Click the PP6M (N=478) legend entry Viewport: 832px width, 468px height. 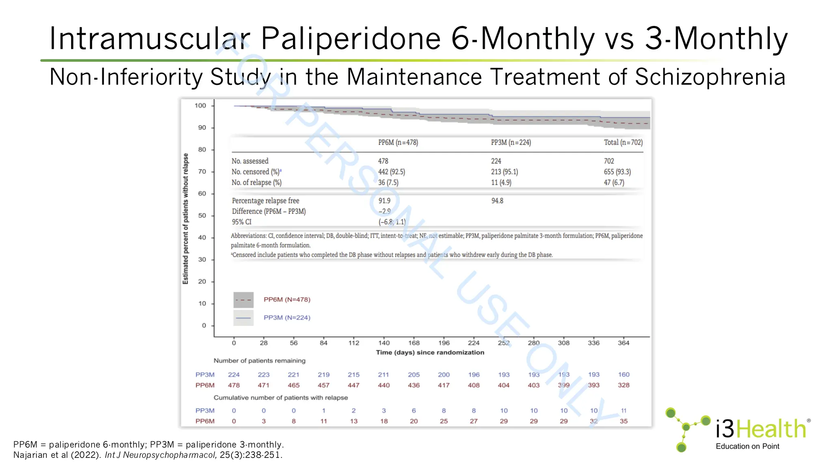pos(286,300)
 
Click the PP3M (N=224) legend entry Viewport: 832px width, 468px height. pos(286,318)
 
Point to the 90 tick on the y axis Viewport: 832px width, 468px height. pos(202,128)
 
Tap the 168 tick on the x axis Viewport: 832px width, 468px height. pos(414,343)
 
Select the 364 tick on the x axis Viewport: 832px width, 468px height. pos(623,343)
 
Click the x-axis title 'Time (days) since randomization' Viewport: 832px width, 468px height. pos(430,353)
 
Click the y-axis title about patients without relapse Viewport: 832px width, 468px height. pos(186,219)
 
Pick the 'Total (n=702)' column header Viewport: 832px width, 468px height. pos(623,143)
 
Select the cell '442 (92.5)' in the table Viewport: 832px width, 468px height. pos(392,172)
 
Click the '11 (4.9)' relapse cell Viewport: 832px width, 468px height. pos(501,182)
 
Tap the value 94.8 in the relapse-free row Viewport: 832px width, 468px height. pos(497,201)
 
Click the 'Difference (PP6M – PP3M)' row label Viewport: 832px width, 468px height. pos(269,211)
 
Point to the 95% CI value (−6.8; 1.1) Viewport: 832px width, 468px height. pos(392,222)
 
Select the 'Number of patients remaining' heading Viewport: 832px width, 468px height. pos(259,361)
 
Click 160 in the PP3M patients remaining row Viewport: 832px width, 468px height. pos(624,375)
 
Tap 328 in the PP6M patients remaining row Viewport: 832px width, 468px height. pos(624,385)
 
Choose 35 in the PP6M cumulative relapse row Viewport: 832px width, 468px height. pos(624,421)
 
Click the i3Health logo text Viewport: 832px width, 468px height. pos(760,429)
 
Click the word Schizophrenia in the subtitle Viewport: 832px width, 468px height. pos(710,77)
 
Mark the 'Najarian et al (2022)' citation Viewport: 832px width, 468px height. pos(57,455)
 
